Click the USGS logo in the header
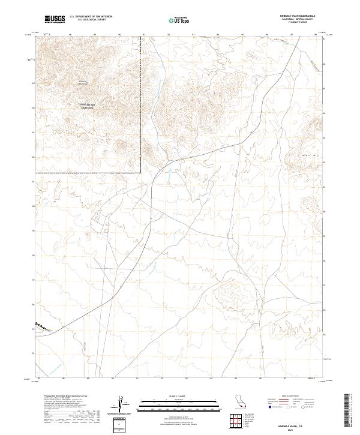(x=55, y=19)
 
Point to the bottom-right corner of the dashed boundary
(x=141, y=173)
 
